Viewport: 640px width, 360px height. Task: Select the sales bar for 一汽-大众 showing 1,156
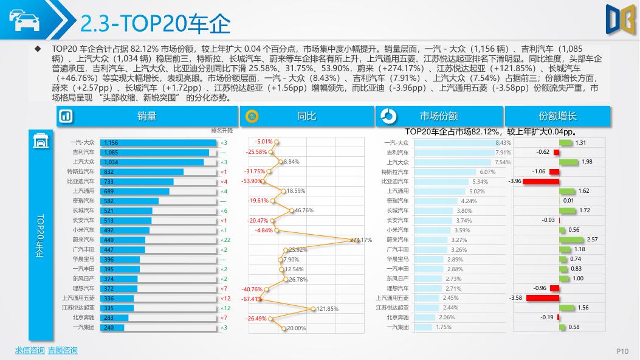click(x=158, y=143)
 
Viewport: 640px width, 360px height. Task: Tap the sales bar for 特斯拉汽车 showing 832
click(x=141, y=172)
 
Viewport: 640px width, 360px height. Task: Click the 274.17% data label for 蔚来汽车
click(x=361, y=240)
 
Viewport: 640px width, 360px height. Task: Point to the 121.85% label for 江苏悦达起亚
click(x=328, y=309)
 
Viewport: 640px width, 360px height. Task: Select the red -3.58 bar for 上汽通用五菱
click(x=542, y=298)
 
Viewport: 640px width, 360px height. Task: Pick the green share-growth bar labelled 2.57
click(x=571, y=240)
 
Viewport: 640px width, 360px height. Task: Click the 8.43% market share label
click(x=503, y=143)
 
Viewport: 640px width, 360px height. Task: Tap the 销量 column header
click(x=147, y=116)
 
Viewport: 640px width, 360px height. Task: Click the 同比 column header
click(x=306, y=116)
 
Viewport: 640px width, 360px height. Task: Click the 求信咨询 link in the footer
click(x=30, y=350)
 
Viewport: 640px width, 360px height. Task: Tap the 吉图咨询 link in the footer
click(x=63, y=350)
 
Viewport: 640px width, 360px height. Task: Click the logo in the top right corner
click(x=619, y=19)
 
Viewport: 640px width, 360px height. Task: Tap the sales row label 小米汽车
click(x=83, y=230)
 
